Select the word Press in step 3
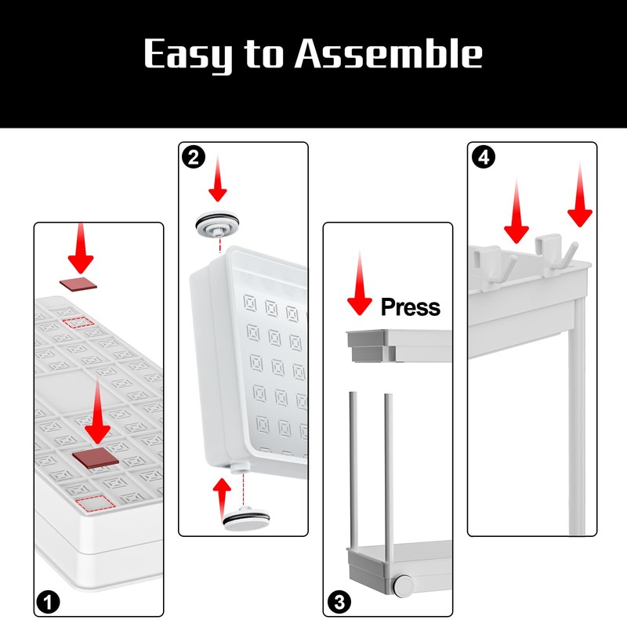coord(411,306)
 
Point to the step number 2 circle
coord(192,156)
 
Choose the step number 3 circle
coord(338,603)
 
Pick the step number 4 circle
coord(484,157)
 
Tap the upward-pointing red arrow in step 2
coord(223,494)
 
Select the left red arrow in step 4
coord(516,212)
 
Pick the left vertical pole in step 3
coord(353,470)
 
